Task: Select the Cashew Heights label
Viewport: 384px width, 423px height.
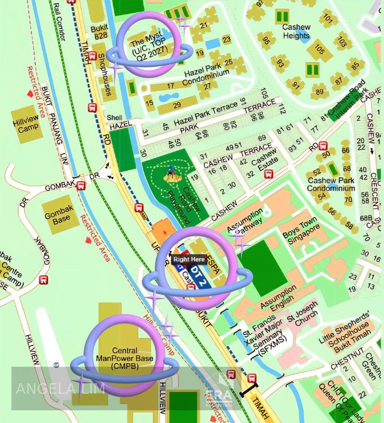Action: point(296,31)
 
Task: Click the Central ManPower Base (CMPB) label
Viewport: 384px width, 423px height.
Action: point(125,359)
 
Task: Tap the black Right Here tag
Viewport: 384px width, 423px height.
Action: point(189,259)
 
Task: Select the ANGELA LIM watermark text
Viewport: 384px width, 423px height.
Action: point(60,388)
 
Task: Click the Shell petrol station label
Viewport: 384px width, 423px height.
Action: point(114,118)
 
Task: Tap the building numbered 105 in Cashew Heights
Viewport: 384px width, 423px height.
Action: point(320,50)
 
